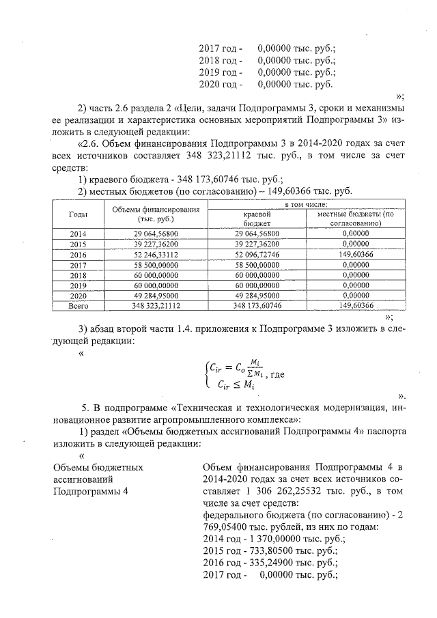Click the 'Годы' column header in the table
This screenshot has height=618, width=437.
[78, 214]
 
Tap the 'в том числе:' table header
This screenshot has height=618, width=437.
[305, 204]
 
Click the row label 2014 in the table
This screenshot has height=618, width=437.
[78, 234]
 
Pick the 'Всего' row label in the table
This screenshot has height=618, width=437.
[78, 306]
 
